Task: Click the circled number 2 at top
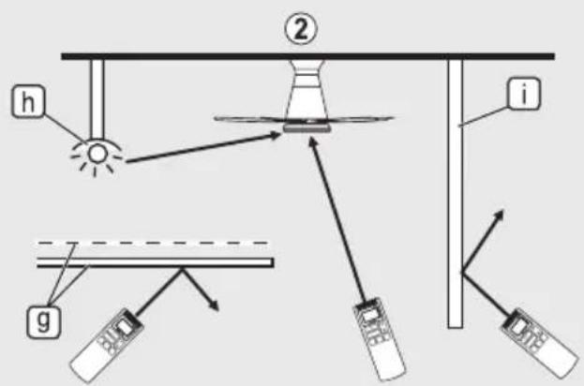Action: [x=301, y=29]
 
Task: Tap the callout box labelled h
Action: [x=28, y=101]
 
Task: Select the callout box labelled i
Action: [x=524, y=94]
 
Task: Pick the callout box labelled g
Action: [x=43, y=321]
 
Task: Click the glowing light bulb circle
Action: [x=97, y=154]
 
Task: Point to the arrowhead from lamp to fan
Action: [x=275, y=136]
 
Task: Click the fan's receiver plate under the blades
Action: [x=307, y=128]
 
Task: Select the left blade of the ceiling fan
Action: [x=249, y=119]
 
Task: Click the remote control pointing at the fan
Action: [x=379, y=338]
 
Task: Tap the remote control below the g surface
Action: [x=107, y=345]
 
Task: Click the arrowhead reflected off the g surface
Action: [x=214, y=305]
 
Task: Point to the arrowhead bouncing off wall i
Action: [x=499, y=215]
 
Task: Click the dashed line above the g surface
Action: [x=152, y=243]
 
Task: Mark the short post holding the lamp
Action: [x=97, y=98]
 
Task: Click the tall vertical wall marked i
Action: [x=456, y=194]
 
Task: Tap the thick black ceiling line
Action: [x=308, y=56]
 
